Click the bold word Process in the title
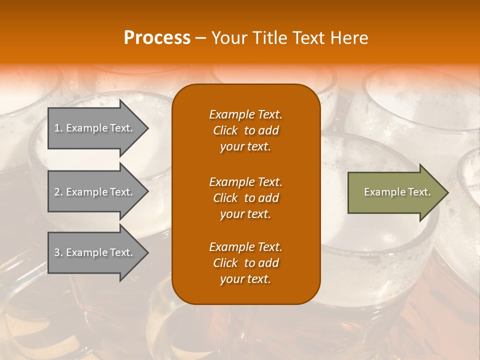pyautogui.click(x=157, y=38)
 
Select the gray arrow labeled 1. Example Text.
pyautogui.click(x=95, y=128)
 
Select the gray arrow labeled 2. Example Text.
pyautogui.click(x=95, y=192)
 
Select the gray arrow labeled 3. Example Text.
pyautogui.click(x=95, y=252)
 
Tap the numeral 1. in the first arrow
pyautogui.click(x=58, y=128)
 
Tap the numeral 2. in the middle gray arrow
pyautogui.click(x=58, y=192)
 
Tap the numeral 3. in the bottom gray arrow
pyautogui.click(x=58, y=252)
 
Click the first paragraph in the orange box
pyautogui.click(x=245, y=130)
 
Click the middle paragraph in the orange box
pyautogui.click(x=245, y=197)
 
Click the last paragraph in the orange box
pyautogui.click(x=245, y=263)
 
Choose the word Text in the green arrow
pyautogui.click(x=418, y=192)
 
